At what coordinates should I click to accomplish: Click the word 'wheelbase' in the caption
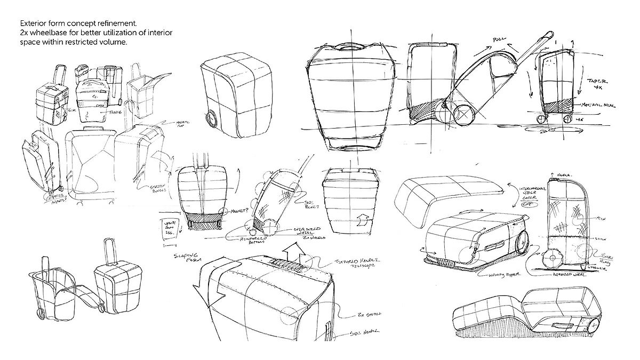47,33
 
